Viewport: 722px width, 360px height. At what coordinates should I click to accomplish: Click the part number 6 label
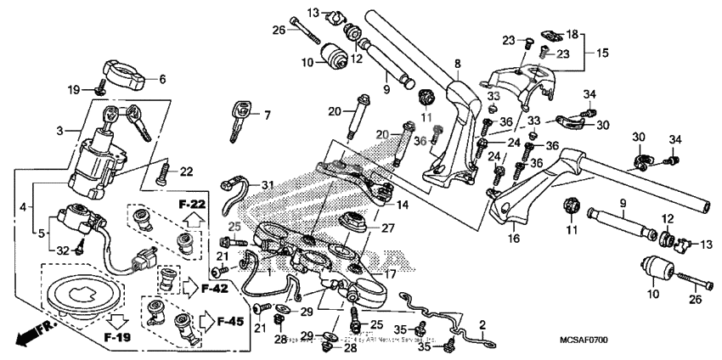[163, 80]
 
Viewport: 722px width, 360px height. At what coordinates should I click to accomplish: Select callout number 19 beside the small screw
[74, 88]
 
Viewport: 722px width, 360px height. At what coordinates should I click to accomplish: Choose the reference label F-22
[192, 205]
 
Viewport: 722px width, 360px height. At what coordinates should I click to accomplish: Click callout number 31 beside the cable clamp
[268, 185]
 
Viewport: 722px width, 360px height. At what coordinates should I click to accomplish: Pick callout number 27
[387, 228]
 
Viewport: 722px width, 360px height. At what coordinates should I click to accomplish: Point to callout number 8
[457, 64]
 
